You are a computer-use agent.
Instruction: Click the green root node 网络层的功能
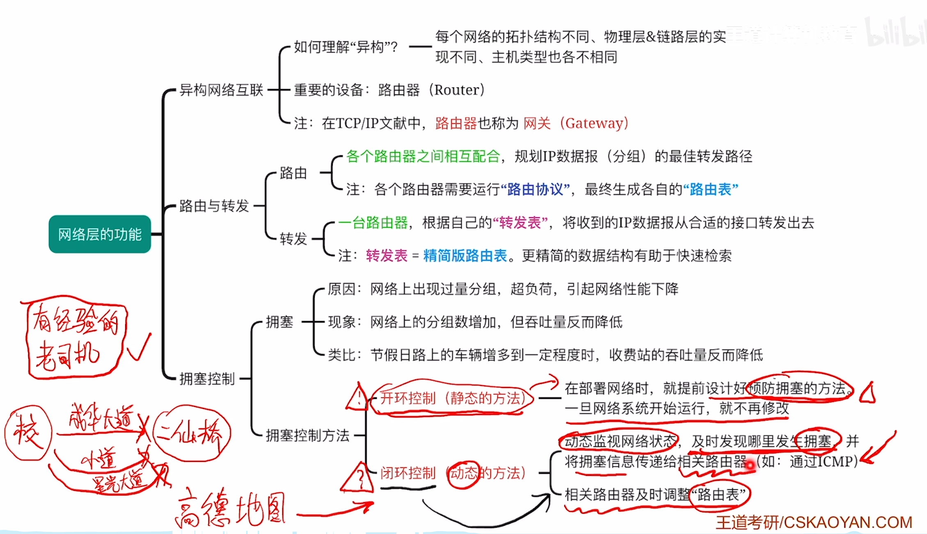[100, 234]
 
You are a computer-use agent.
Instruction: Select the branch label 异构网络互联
[221, 90]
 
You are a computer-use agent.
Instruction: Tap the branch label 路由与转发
[214, 206]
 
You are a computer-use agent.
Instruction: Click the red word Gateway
[594, 123]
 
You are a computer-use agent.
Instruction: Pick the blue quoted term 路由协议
[535, 189]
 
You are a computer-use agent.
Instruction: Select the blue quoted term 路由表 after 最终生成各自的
[711, 189]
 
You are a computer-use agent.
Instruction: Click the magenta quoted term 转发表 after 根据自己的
[520, 223]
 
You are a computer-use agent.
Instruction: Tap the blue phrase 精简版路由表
[465, 256]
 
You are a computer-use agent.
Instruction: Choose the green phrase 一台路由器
[373, 223]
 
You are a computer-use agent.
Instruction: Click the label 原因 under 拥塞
[341, 289]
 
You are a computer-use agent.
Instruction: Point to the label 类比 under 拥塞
[341, 355]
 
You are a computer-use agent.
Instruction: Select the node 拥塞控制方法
[307, 435]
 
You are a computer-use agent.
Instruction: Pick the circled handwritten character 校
[28, 432]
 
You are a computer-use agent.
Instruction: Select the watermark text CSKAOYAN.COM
[848, 523]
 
